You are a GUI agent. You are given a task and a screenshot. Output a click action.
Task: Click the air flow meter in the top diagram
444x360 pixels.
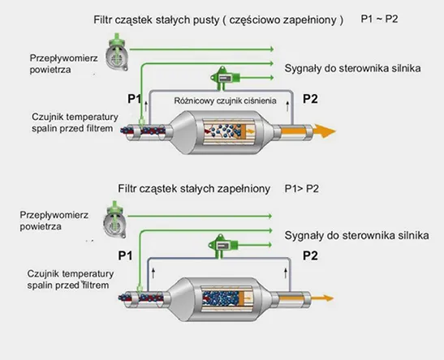click(117, 53)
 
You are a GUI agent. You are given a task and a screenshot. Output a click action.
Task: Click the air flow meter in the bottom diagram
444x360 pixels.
click(114, 220)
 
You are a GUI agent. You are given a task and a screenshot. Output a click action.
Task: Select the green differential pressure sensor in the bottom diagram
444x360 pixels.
click(222, 246)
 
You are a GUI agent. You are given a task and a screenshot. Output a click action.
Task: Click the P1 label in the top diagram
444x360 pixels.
click(135, 99)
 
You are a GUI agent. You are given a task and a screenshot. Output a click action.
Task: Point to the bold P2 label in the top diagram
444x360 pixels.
click(310, 99)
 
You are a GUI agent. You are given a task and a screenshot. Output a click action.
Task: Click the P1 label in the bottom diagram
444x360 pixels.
click(125, 255)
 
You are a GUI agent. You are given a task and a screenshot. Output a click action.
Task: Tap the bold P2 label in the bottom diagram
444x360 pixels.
click(310, 255)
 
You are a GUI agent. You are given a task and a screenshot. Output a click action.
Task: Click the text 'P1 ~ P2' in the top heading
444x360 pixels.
click(379, 19)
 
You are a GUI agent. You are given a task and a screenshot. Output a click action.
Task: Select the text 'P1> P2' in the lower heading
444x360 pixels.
click(302, 189)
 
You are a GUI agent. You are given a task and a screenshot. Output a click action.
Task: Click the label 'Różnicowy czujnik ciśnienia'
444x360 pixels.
click(225, 101)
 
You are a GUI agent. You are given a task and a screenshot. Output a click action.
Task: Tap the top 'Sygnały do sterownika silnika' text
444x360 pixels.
click(352, 68)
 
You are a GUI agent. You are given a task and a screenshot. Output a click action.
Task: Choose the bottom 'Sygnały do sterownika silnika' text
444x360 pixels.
click(356, 235)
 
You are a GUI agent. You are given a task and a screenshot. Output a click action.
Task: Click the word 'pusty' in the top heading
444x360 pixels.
click(206, 19)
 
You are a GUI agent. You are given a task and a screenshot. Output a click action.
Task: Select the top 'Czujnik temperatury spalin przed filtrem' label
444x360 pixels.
click(75, 122)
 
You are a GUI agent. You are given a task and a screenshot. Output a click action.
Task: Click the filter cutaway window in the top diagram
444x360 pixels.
click(230, 131)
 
